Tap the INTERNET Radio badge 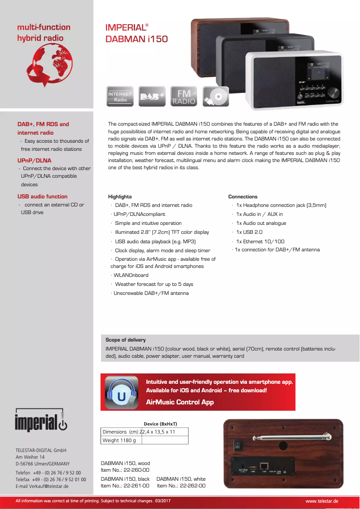click(x=120, y=97)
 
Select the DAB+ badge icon click(x=152, y=97)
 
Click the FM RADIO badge click(x=184, y=97)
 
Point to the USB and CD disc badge click(x=216, y=97)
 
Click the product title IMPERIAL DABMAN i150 click(x=136, y=33)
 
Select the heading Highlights click(x=120, y=197)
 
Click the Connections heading click(x=243, y=197)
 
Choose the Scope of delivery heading click(x=126, y=340)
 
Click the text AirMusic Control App click(x=180, y=402)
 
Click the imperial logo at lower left click(x=41, y=421)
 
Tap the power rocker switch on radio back click(x=237, y=446)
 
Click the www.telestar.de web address click(x=321, y=501)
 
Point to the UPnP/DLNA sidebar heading click(x=34, y=160)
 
